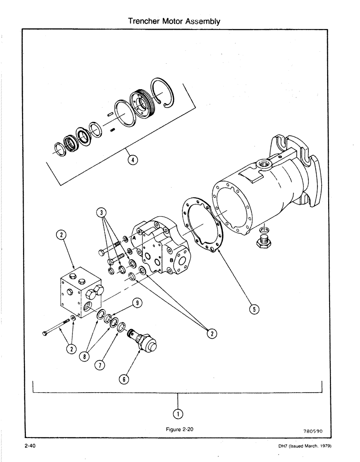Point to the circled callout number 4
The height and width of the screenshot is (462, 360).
pyautogui.click(x=132, y=160)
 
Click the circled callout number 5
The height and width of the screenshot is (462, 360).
pyautogui.click(x=253, y=310)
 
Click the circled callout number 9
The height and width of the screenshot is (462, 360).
pyautogui.click(x=137, y=303)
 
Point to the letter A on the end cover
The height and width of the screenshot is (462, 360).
pyautogui.click(x=133, y=237)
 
